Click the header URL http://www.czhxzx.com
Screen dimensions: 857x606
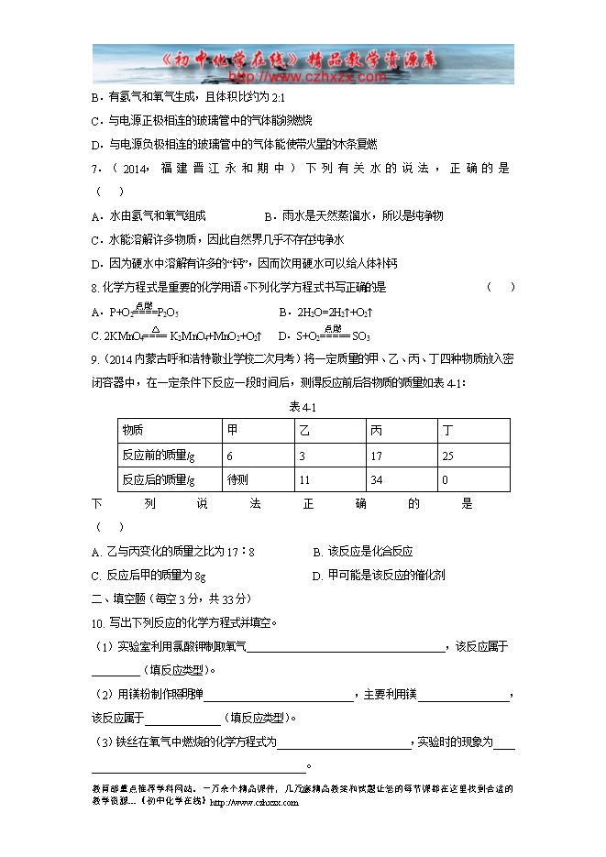click(x=303, y=77)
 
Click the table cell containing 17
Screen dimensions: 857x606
click(x=377, y=456)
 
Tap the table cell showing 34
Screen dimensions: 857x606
click(x=377, y=479)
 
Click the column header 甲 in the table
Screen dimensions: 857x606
click(x=232, y=431)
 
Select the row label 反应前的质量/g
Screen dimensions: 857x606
click(x=159, y=456)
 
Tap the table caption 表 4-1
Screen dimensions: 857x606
click(x=303, y=406)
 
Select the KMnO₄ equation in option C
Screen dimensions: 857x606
click(x=183, y=336)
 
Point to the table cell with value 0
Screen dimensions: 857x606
click(x=445, y=479)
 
